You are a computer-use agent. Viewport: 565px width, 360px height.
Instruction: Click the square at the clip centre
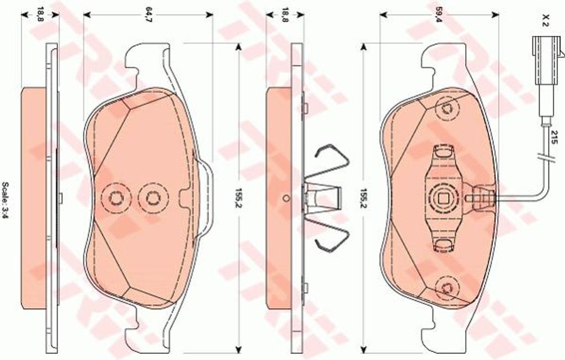443,197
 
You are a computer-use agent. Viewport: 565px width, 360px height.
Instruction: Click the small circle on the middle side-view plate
286,198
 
